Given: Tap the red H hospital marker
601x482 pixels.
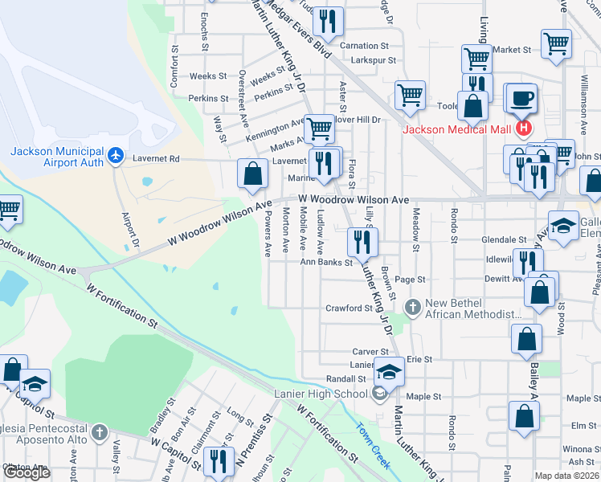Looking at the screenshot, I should [524, 128].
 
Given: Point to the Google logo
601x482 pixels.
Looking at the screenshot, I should [27, 472].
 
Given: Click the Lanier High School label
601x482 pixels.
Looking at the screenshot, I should [320, 393].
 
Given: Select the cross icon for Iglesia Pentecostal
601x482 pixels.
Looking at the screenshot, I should [100, 433].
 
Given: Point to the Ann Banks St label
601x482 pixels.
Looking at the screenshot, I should [327, 262].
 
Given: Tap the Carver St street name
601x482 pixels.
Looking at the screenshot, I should [370, 352].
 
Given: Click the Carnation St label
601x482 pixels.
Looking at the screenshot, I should [364, 46].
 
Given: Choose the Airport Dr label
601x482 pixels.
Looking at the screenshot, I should [129, 230].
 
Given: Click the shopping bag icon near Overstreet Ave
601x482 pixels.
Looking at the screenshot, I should [253, 174].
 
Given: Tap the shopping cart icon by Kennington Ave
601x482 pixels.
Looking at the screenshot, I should [319, 126].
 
